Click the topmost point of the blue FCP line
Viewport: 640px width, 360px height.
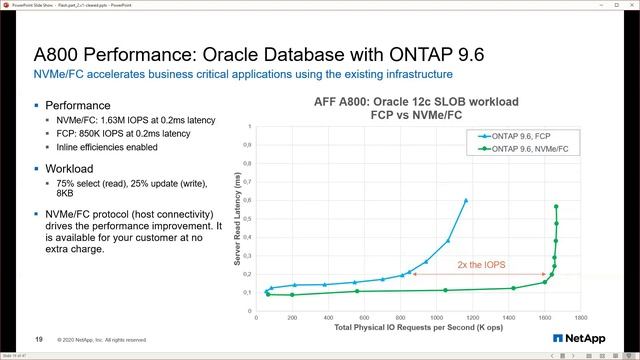click(466, 200)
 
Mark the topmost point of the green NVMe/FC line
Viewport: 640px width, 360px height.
click(556, 206)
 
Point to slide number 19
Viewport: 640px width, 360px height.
click(39, 338)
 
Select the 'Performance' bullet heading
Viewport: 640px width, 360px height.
click(76, 105)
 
